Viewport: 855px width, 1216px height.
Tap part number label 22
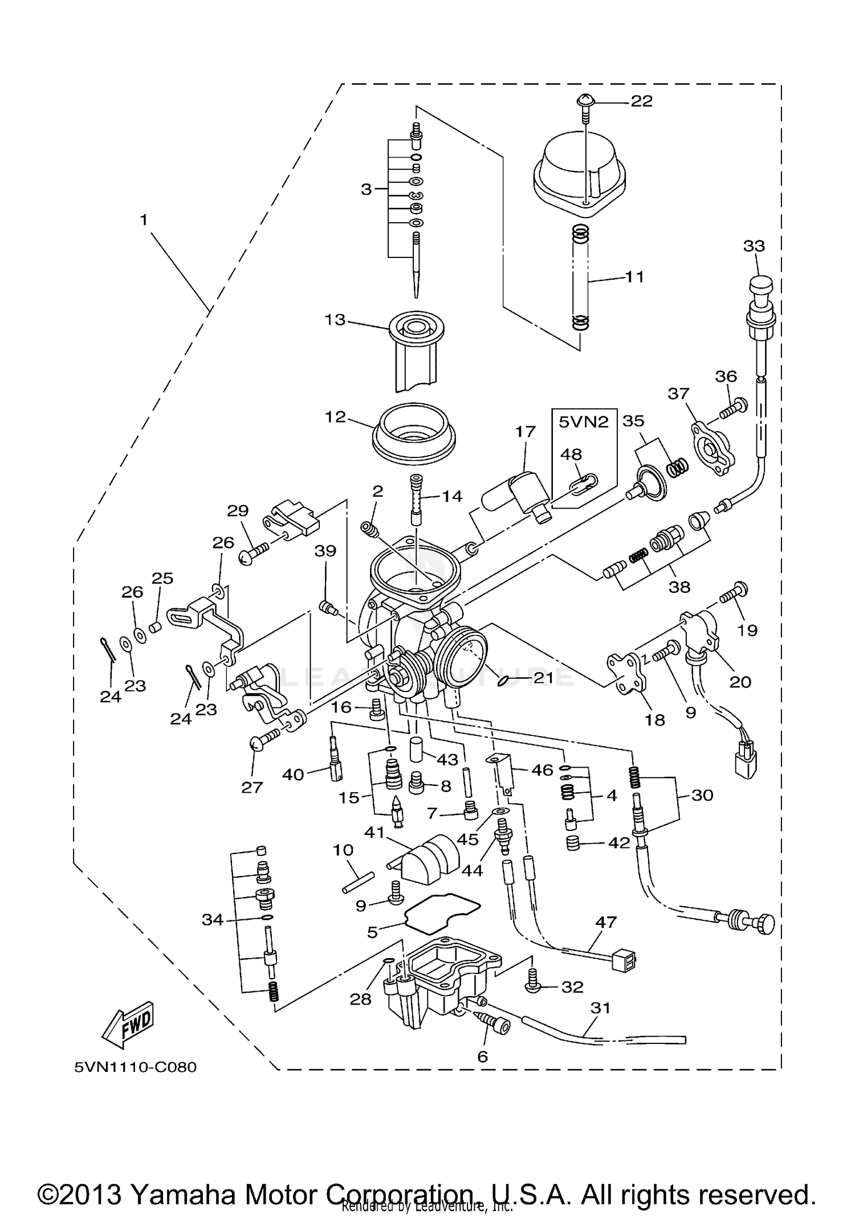[x=641, y=101]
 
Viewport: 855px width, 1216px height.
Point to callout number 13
[x=335, y=320]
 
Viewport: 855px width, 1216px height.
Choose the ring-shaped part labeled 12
[x=414, y=439]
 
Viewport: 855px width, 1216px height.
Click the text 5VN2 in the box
[x=583, y=422]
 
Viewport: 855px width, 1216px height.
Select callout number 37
[x=679, y=394]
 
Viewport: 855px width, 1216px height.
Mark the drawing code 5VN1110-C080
[x=135, y=1067]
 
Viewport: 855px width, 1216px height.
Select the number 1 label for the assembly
[x=144, y=220]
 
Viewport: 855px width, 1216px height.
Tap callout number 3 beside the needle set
[x=366, y=189]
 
